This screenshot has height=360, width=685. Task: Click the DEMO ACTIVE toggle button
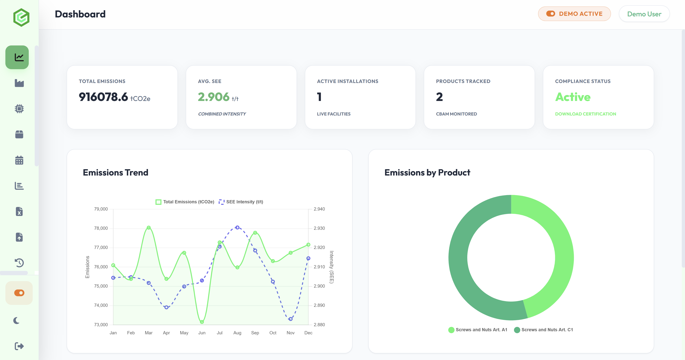574,14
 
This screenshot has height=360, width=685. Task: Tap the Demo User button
644,14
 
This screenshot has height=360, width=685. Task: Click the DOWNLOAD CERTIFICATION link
585,114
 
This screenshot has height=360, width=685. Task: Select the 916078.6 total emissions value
103,97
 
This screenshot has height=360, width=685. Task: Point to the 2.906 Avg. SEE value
214,97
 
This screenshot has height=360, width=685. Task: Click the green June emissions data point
202,322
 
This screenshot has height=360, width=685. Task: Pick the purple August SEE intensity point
237,227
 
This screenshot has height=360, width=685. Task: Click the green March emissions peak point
149,228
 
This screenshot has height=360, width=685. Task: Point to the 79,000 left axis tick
101,209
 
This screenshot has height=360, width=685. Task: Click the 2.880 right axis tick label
319,324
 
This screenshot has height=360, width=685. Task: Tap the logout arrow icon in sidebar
19,346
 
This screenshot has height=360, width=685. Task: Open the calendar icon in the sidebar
19,160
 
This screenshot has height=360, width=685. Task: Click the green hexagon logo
21,18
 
